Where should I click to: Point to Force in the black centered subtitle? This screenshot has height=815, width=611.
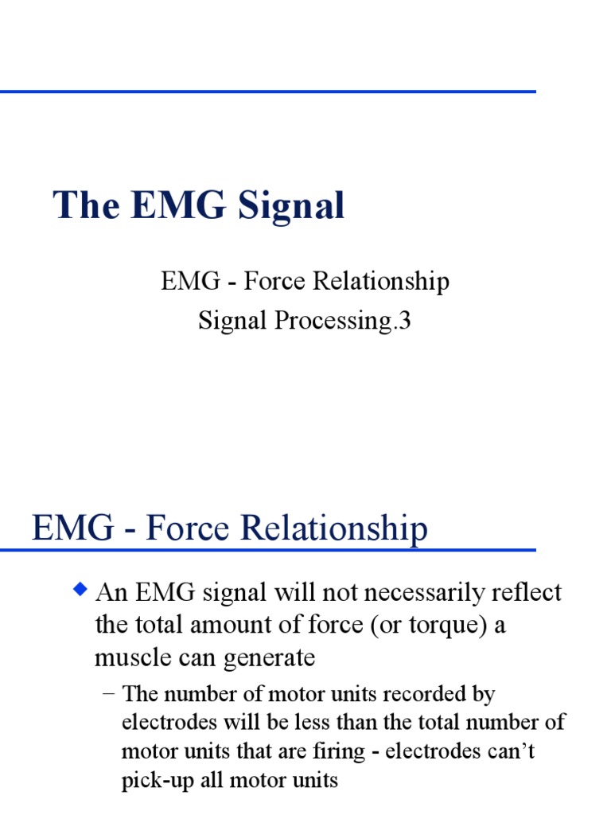(x=274, y=281)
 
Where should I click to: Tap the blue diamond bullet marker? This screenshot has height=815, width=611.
(x=80, y=590)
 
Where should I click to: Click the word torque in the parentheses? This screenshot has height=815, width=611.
(x=443, y=626)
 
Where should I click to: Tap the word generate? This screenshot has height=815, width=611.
(x=275, y=659)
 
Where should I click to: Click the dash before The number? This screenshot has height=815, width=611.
(x=109, y=694)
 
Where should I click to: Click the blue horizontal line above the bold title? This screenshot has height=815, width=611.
(x=267, y=92)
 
